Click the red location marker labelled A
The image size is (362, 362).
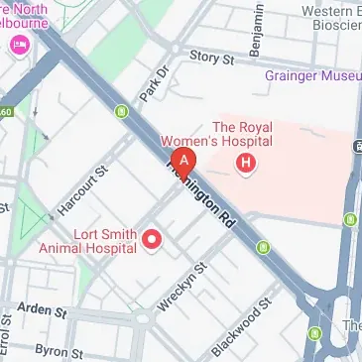pos(182,161)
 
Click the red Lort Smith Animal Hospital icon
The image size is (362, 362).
pos(153,239)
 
